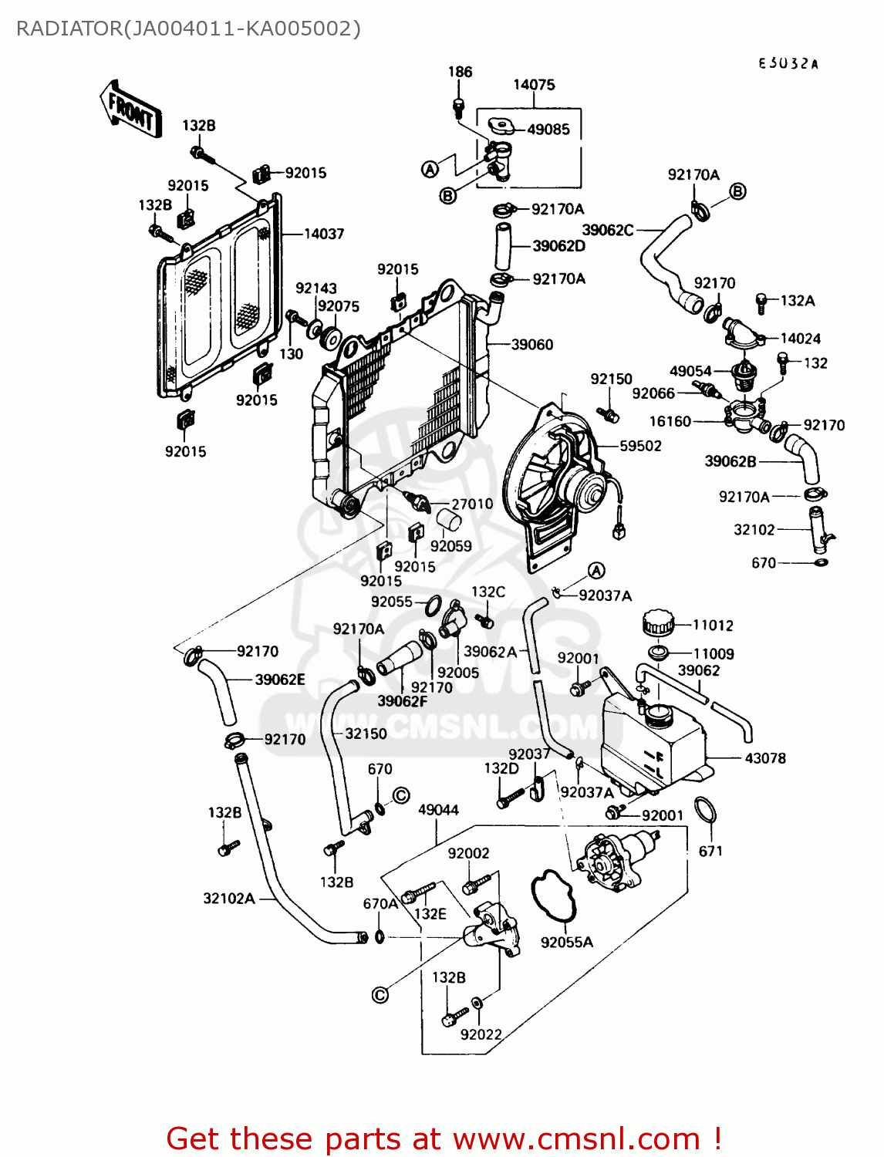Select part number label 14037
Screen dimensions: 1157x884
[x=324, y=234]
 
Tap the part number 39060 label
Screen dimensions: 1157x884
[x=532, y=345]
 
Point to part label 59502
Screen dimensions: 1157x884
[x=640, y=446]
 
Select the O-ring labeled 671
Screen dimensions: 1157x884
[x=706, y=811]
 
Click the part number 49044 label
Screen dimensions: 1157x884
[x=438, y=810]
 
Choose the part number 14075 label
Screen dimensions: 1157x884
[x=534, y=85]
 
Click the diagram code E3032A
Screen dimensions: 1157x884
[x=788, y=64]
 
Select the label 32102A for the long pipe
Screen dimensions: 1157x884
[x=229, y=899]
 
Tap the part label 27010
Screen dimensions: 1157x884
[x=472, y=504]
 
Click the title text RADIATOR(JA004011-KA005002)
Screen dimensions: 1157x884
[x=188, y=29]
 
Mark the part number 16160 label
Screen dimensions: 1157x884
[x=670, y=421]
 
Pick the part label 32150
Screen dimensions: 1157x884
[x=366, y=733]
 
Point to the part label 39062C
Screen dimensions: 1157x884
[x=608, y=230]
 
